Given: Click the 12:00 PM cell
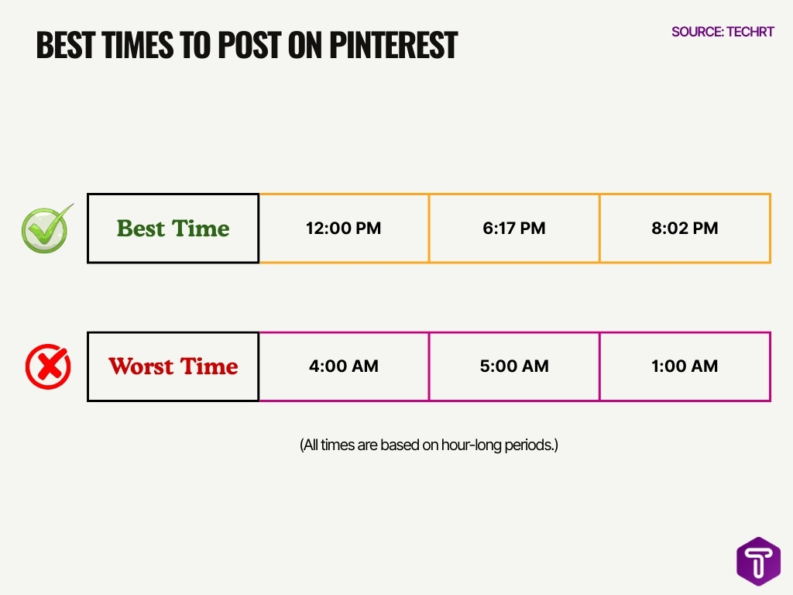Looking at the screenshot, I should (x=343, y=229).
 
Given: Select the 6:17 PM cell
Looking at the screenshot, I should (x=513, y=229).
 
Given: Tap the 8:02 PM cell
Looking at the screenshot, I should (x=685, y=229).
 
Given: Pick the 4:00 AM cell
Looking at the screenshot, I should (x=343, y=366).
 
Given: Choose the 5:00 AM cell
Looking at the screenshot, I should (x=513, y=366).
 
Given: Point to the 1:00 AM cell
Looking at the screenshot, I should (x=685, y=366).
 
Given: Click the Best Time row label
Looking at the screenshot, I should (x=173, y=229).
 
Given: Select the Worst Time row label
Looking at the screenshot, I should (x=173, y=366).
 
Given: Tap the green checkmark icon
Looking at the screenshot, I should (x=46, y=229).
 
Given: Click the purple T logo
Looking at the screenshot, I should (x=758, y=561).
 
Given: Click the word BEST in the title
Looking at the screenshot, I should (x=67, y=46).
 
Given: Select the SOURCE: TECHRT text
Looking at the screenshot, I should (x=723, y=33).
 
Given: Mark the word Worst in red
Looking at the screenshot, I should (x=141, y=366).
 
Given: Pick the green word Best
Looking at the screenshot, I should (x=142, y=229).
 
